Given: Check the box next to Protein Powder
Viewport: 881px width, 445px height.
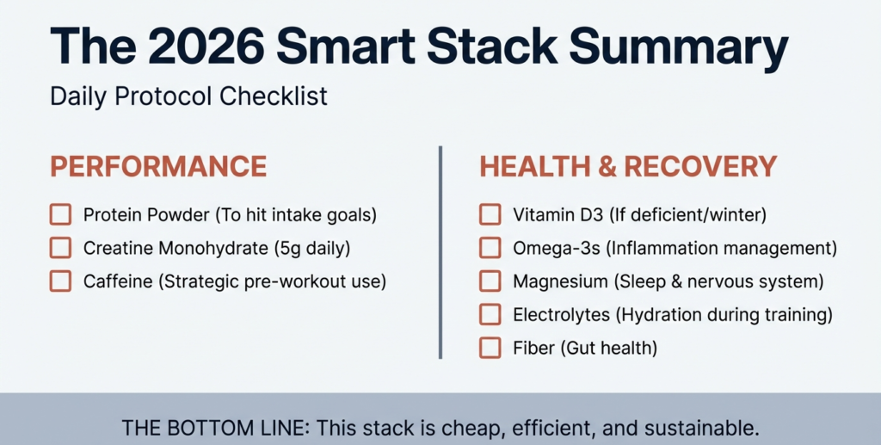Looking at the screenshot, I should [60, 214].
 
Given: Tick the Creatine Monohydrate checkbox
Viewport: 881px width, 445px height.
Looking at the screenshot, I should [60, 248].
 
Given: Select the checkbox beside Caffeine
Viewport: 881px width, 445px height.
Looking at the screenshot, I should [60, 281].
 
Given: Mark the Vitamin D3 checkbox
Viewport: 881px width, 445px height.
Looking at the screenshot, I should [490, 214].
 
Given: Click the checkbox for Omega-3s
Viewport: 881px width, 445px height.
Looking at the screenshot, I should [490, 248].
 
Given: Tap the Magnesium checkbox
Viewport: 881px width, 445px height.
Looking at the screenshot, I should [490, 281].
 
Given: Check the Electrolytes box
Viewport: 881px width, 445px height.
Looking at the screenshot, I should [490, 315].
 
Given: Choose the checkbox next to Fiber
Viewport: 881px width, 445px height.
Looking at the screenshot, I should [490, 348].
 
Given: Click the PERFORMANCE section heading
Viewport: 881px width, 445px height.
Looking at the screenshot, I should [158, 167].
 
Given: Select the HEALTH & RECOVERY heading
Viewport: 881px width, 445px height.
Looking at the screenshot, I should [628, 167].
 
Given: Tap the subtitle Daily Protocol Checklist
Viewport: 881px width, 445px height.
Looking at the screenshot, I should [188, 96].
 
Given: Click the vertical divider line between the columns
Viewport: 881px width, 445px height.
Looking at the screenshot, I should [440, 251].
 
